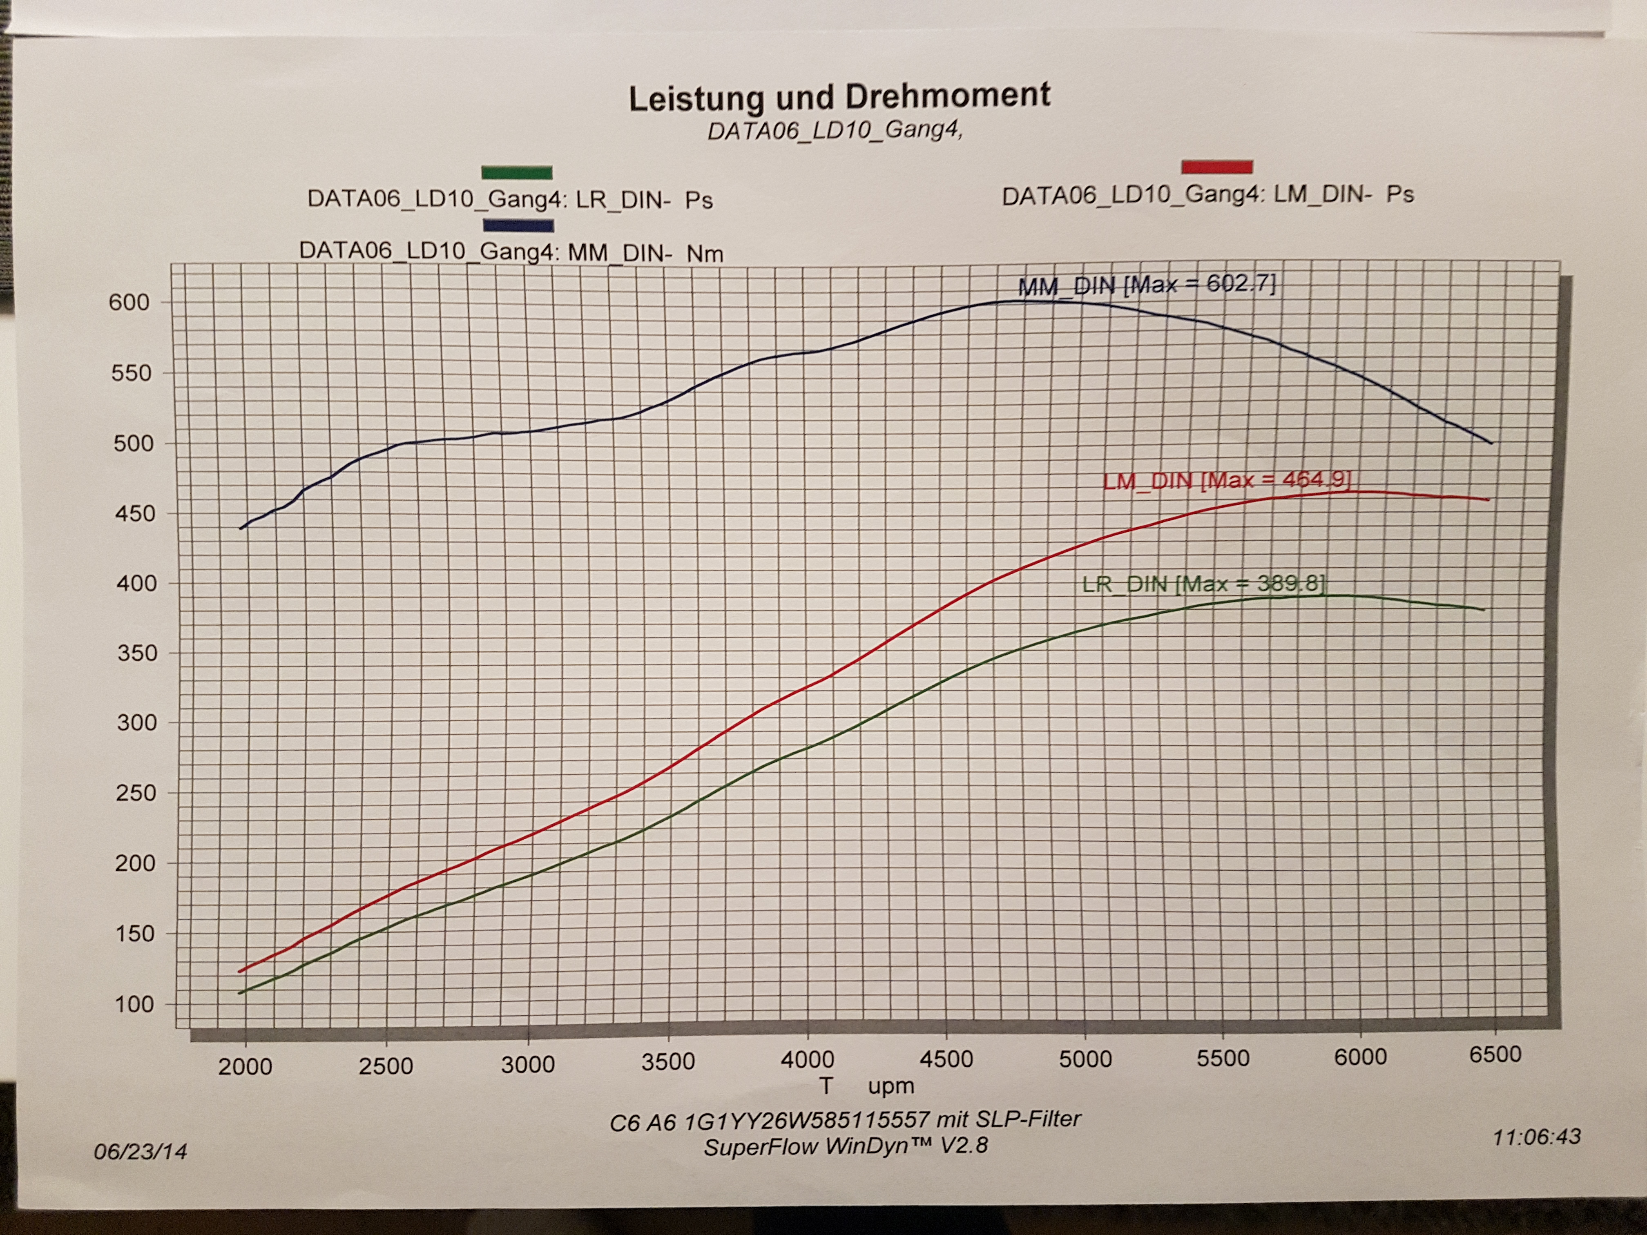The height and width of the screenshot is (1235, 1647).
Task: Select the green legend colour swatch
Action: click(517, 173)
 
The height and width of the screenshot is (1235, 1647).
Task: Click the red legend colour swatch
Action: click(1216, 167)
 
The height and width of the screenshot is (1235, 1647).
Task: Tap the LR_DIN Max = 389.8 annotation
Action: click(1203, 584)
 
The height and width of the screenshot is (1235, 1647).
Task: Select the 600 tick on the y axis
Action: click(129, 302)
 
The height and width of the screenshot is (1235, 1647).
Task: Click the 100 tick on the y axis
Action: click(134, 1004)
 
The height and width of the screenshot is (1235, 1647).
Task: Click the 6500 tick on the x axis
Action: click(1494, 1055)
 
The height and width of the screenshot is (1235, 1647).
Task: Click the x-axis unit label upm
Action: click(890, 1087)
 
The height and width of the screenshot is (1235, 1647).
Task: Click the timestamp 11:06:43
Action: click(1536, 1137)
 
